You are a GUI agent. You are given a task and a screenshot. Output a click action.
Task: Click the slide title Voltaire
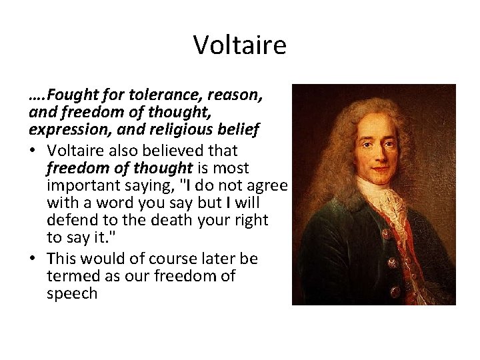tap(239, 45)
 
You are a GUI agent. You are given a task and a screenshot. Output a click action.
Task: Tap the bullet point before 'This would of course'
tap(33, 259)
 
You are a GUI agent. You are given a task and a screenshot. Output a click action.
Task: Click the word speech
tap(72, 294)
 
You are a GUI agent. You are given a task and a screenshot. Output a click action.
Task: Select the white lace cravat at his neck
tap(383, 200)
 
